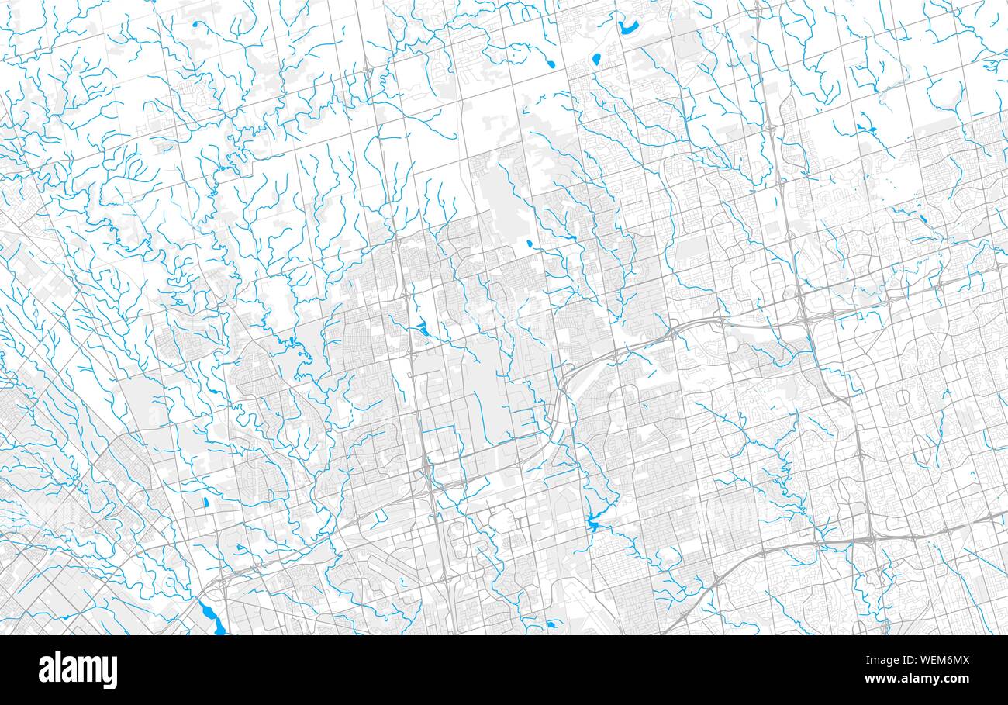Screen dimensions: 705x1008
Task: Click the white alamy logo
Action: coord(78,670)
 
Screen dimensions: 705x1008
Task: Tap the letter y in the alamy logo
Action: coord(109,672)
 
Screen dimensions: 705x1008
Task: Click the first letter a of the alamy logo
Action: coord(47,671)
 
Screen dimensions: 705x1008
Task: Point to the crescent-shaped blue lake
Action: coord(627,28)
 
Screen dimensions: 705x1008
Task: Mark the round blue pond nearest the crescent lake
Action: coord(597,58)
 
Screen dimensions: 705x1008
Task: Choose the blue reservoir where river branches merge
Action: coord(594,524)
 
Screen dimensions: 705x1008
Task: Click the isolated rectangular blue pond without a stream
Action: coord(205,503)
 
